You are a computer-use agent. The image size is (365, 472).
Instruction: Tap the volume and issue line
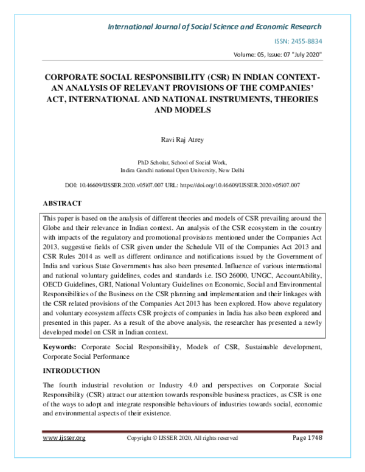[277, 55]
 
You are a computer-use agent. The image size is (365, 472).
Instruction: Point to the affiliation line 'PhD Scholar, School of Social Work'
[182, 163]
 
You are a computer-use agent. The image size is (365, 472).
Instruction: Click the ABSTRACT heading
[63, 203]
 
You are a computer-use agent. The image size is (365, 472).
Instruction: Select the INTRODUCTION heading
[71, 370]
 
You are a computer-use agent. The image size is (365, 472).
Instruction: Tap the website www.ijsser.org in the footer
[63, 437]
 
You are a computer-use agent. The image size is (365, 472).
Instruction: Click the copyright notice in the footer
[182, 437]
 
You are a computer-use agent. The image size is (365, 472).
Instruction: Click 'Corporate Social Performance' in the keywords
[86, 356]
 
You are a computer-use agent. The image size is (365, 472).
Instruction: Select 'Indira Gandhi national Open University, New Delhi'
[182, 171]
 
